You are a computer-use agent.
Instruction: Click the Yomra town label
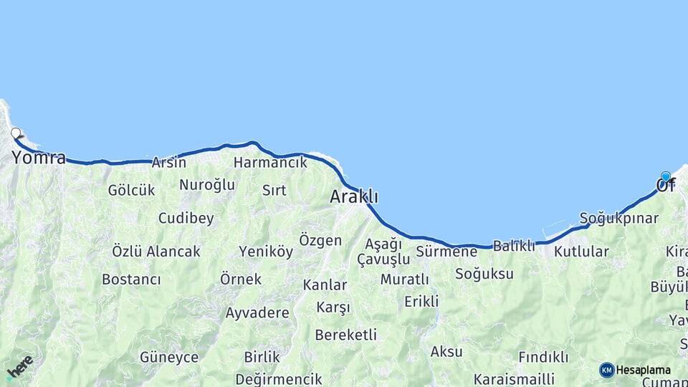39,158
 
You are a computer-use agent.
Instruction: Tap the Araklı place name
353,196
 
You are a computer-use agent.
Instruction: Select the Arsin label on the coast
168,163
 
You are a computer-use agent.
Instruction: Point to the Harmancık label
270,163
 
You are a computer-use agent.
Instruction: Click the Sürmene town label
446,252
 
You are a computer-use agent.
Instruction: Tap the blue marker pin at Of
666,177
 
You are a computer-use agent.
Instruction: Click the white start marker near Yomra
16,133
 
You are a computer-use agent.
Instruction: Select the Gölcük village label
131,190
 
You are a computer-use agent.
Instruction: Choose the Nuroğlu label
207,185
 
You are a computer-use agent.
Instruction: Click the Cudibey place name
186,219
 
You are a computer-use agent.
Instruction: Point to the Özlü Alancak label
156,252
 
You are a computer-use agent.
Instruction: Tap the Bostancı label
131,279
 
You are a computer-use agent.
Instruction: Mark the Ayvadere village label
257,313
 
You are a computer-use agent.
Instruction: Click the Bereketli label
345,335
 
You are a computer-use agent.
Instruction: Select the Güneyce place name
168,357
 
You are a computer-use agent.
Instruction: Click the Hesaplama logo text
643,370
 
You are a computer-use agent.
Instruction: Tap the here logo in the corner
19,368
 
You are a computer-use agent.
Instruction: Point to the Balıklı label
514,246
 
